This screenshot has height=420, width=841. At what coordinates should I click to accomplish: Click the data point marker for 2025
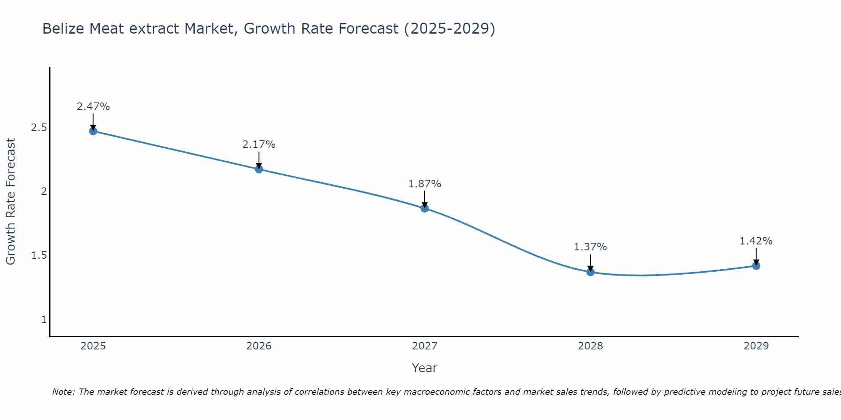pos(93,131)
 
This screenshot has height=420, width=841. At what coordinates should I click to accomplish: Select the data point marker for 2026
pos(259,169)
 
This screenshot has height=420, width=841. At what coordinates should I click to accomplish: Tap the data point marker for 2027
pos(425,208)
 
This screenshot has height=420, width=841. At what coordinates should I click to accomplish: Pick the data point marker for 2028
pos(590,272)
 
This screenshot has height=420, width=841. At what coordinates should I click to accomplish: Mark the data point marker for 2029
pos(756,265)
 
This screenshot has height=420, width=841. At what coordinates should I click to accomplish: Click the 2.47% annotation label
pos(93,107)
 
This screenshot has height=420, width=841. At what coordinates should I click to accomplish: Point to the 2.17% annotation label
pos(259,144)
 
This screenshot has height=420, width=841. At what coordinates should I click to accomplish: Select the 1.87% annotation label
pos(425,184)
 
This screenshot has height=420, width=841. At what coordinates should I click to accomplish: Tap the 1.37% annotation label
pos(590,247)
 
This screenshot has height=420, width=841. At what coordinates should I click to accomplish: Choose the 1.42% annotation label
pos(756,241)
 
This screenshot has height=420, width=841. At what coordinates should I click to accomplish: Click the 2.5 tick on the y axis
pos(39,128)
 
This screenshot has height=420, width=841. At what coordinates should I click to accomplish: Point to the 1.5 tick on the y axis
pos(39,256)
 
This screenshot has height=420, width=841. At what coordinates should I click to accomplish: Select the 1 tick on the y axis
pos(44,320)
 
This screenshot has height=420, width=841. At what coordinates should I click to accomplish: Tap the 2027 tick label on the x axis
pos(425,346)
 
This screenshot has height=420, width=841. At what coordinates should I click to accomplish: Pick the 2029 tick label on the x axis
pos(756,346)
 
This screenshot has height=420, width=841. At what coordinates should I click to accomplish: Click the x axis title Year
pos(425,368)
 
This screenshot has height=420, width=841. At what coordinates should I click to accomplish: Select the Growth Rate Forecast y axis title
pos(11,202)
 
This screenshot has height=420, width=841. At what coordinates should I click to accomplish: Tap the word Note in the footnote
pos(63,392)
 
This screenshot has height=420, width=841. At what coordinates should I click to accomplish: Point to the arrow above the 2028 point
pos(590,263)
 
